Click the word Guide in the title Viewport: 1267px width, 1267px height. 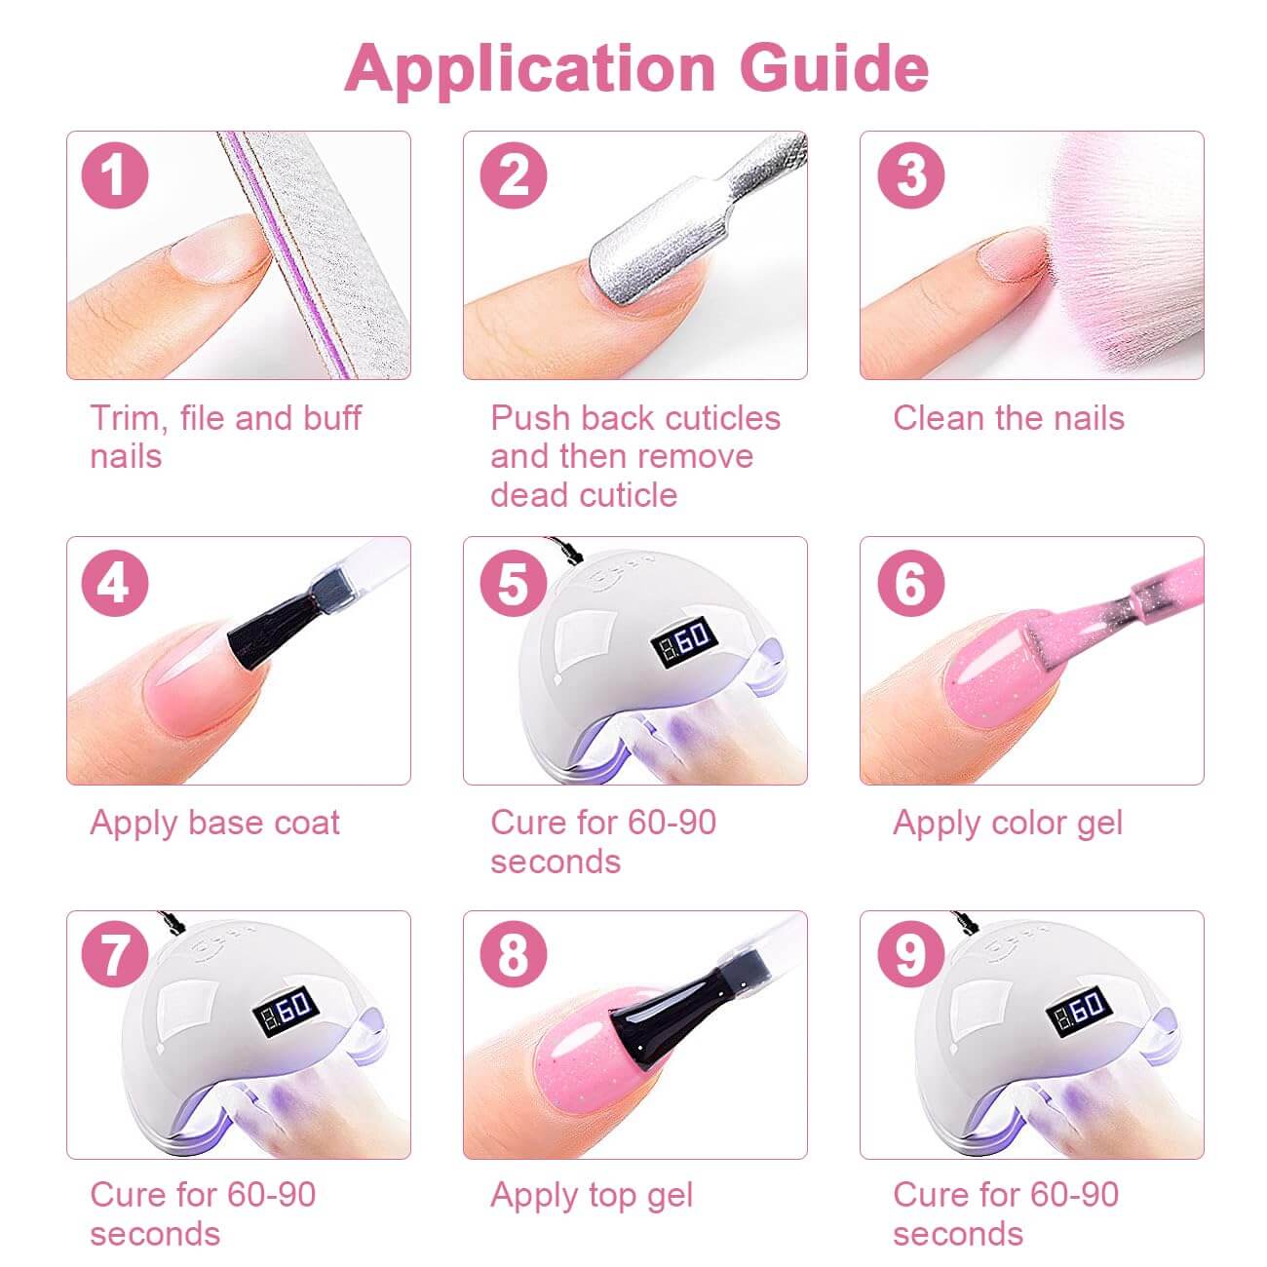pyautogui.click(x=833, y=68)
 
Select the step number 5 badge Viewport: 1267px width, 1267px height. pyautogui.click(x=513, y=583)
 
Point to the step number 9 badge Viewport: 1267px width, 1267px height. pyautogui.click(x=911, y=955)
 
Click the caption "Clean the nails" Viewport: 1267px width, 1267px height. pyautogui.click(x=1009, y=418)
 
